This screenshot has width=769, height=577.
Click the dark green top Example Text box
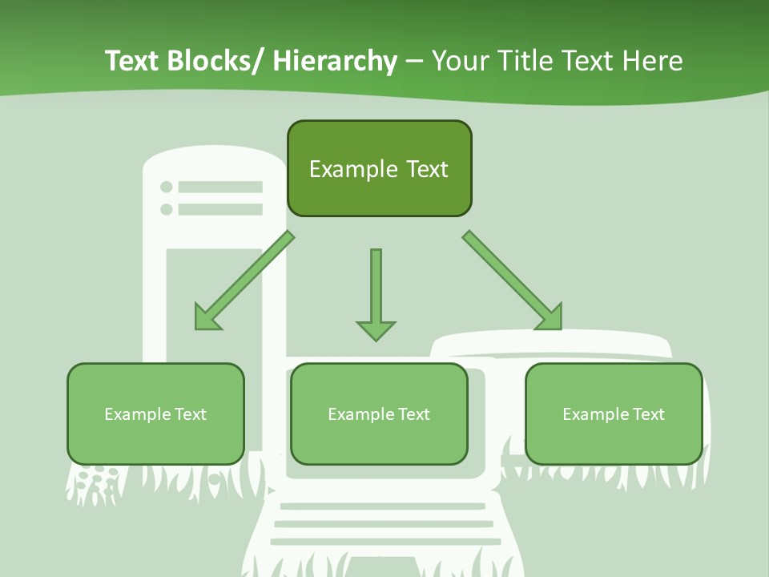click(x=379, y=168)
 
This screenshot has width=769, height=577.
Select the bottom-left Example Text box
click(x=155, y=414)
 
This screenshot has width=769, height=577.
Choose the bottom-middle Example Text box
click(x=379, y=414)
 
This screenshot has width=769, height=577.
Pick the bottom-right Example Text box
click(x=614, y=414)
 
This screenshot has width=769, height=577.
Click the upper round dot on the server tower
click(x=167, y=187)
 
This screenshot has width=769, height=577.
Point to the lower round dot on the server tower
click(x=167, y=209)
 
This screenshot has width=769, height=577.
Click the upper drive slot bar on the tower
click(x=220, y=187)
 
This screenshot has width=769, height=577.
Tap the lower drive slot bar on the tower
click(x=220, y=209)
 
